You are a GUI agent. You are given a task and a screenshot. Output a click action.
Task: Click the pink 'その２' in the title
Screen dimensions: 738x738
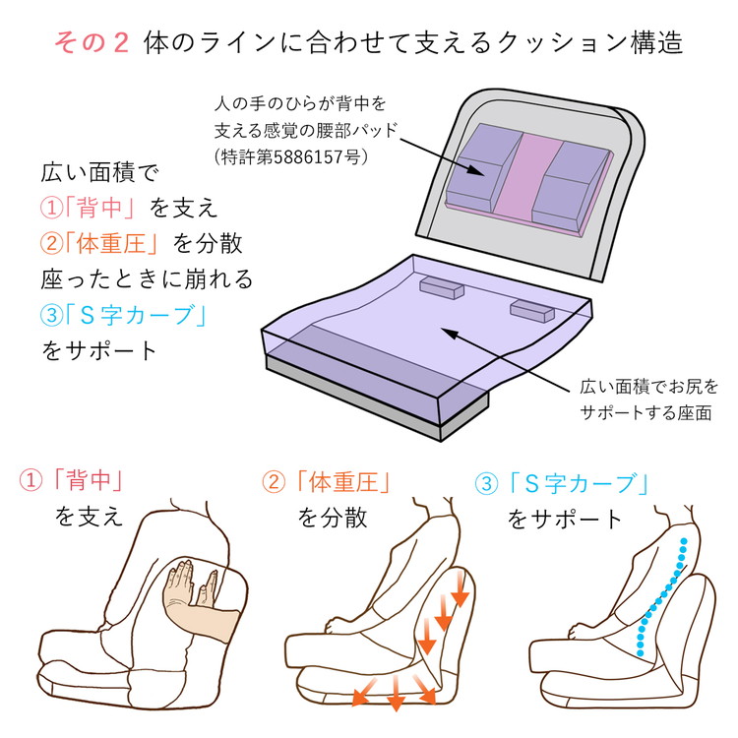click(x=92, y=42)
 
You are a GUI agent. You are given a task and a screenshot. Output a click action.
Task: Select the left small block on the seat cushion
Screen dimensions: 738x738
click(x=442, y=287)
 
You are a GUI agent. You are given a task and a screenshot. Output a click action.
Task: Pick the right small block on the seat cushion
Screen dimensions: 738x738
click(x=531, y=311)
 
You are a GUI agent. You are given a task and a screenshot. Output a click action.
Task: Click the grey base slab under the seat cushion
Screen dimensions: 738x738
click(x=377, y=396)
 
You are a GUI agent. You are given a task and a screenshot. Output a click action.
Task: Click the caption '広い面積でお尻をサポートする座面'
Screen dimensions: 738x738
click(x=648, y=400)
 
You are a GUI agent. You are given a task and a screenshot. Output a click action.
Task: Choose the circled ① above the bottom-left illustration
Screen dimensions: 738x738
click(x=31, y=480)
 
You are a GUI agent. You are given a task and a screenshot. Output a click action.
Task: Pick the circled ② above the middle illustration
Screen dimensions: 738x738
click(x=274, y=482)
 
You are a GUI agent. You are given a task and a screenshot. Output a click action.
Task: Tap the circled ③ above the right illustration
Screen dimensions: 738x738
click(x=487, y=483)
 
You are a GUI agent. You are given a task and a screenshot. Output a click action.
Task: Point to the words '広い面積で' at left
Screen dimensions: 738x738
click(x=99, y=172)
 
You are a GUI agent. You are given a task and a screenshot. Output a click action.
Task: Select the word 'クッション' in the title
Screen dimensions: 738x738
click(x=563, y=42)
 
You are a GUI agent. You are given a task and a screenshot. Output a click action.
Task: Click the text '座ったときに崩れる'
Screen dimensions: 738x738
click(x=147, y=279)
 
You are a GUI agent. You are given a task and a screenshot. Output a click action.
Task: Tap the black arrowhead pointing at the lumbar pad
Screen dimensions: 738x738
click(x=476, y=170)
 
